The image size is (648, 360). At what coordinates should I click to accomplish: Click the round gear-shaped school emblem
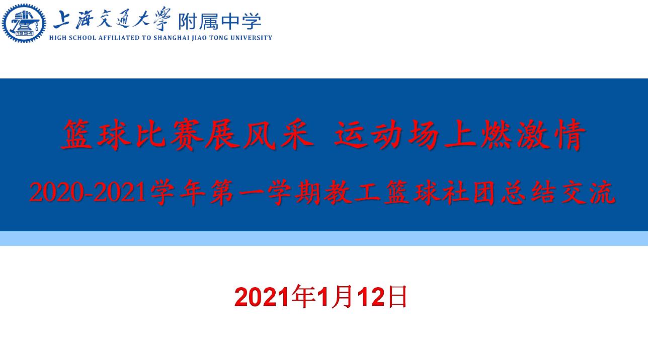point(24,24)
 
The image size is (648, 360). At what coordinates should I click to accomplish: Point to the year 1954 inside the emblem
point(24,34)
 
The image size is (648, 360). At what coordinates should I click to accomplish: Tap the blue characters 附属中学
point(219,22)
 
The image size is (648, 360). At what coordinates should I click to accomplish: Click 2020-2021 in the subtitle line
point(87,193)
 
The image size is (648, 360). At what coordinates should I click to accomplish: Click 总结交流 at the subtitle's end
point(558,193)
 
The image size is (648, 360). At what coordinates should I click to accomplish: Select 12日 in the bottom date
point(382,297)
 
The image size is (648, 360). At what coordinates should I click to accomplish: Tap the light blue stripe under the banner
point(324,238)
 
